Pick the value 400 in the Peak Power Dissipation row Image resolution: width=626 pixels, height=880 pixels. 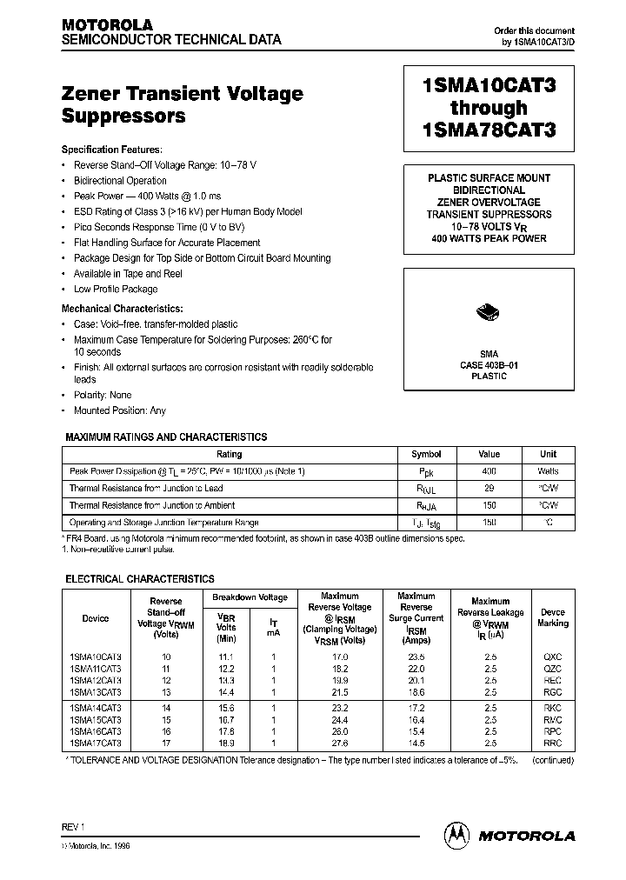(489, 471)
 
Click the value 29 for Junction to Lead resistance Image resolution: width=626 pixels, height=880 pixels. (489, 489)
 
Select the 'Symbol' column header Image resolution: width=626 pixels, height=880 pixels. (425, 454)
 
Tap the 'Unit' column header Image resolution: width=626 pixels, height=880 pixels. (548, 454)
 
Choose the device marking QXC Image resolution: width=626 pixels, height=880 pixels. (552, 657)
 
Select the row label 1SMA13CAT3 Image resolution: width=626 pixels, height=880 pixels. (96, 691)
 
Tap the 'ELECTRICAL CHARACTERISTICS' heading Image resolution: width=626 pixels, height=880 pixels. (140, 578)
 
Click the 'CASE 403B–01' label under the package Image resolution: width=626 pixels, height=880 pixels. (489, 365)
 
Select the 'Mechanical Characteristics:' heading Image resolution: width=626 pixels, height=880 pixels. (122, 308)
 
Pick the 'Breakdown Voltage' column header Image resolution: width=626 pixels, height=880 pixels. (250, 597)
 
